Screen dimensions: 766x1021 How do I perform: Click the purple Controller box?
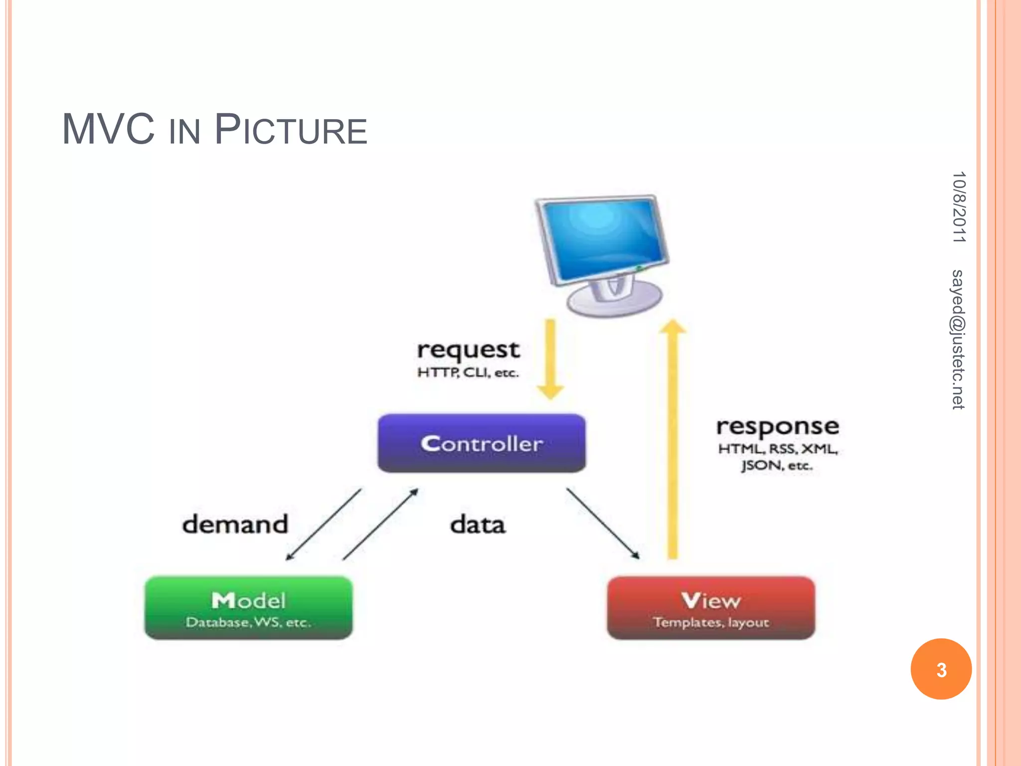(482, 443)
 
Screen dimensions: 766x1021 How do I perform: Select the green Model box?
(248, 607)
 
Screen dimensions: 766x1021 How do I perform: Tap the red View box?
(711, 607)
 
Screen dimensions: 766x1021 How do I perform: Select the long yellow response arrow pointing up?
(673, 439)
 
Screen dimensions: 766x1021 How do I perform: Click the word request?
(468, 350)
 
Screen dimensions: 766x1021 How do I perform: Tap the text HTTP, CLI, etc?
(468, 373)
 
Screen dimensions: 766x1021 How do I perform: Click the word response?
(778, 427)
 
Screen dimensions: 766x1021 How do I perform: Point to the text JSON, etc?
(777, 466)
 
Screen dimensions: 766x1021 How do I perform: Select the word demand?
(235, 524)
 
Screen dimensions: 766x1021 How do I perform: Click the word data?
(478, 525)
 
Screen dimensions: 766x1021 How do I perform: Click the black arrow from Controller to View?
(602, 523)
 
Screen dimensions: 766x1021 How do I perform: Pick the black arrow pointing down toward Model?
(324, 524)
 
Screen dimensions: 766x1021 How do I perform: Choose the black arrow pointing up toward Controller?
(380, 524)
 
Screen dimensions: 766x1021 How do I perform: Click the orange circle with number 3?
(941, 669)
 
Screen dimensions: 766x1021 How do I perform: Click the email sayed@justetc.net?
(958, 339)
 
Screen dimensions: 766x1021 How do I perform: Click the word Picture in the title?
(291, 130)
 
